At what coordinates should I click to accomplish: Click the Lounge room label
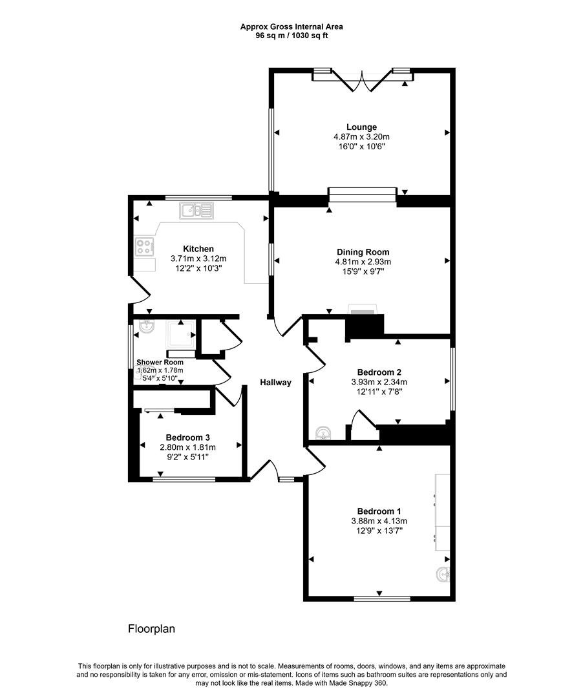tap(361, 127)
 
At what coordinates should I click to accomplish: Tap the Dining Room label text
tap(363, 252)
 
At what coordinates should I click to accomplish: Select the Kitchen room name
tap(198, 249)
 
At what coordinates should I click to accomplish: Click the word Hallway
tap(275, 383)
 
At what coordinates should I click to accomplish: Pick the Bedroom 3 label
tap(187, 437)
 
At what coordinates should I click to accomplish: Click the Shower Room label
tap(160, 362)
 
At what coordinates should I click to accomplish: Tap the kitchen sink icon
tap(196, 210)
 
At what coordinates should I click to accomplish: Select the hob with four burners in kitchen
tap(143, 246)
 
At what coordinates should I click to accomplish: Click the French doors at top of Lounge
tap(363, 81)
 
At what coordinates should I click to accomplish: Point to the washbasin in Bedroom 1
tap(443, 573)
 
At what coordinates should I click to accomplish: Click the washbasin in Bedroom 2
tap(323, 432)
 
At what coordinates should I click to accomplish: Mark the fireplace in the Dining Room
tap(361, 310)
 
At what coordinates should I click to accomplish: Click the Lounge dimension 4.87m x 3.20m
tap(361, 137)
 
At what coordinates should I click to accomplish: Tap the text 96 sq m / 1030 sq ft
tap(291, 36)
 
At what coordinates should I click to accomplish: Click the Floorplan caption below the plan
tap(151, 628)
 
